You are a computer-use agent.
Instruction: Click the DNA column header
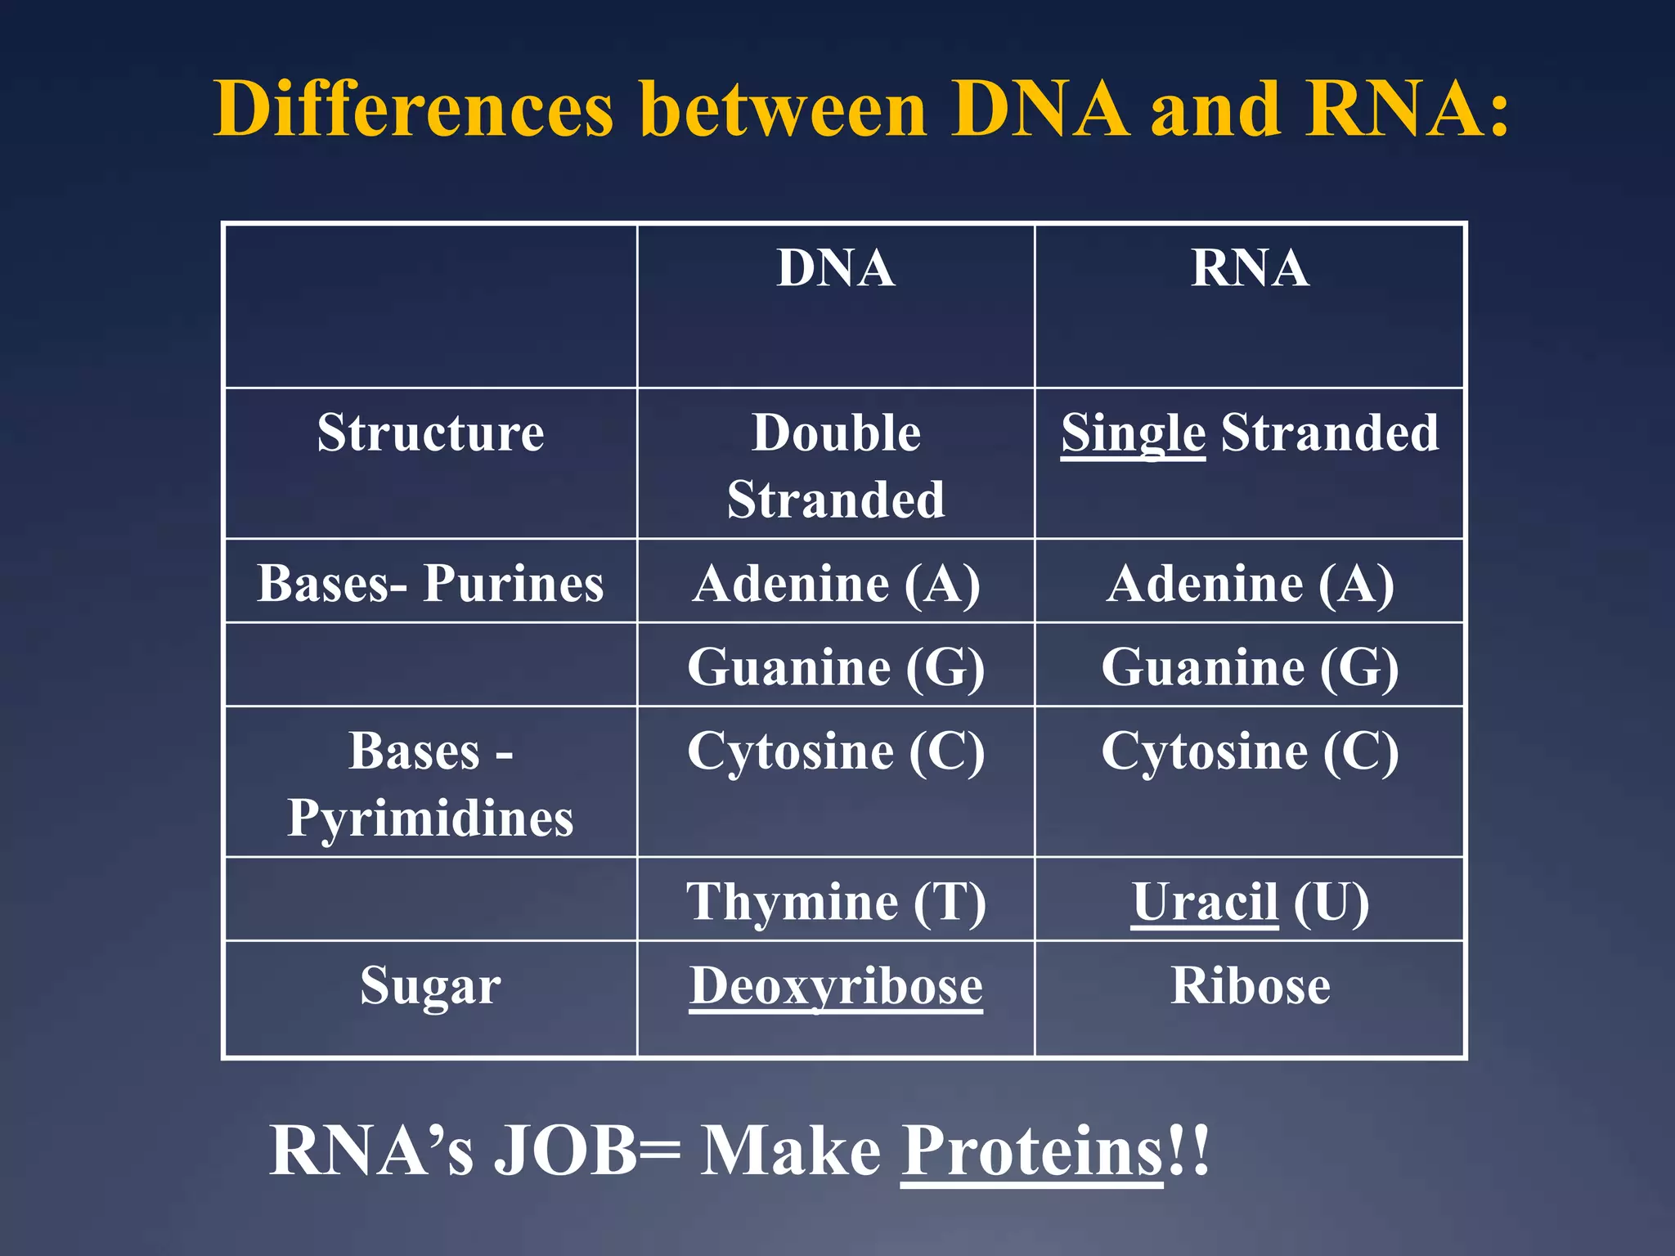pyautogui.click(x=835, y=268)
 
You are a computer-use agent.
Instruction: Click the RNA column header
pyautogui.click(x=1249, y=268)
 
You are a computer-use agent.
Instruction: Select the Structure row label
pyautogui.click(x=430, y=433)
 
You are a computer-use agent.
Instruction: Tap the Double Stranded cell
pyautogui.click(x=835, y=465)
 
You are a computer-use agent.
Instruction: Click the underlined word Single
pyautogui.click(x=1133, y=433)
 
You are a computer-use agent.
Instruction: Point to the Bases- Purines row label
pyautogui.click(x=430, y=584)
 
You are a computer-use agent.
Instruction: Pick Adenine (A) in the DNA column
pyautogui.click(x=835, y=584)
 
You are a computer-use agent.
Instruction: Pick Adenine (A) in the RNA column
pyautogui.click(x=1249, y=584)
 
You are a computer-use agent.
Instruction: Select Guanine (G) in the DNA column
pyautogui.click(x=835, y=667)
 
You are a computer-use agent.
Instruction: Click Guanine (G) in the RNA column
pyautogui.click(x=1249, y=667)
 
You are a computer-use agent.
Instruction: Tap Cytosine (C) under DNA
pyautogui.click(x=835, y=751)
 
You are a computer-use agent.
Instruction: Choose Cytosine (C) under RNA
pyautogui.click(x=1249, y=751)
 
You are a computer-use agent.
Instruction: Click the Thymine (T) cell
pyautogui.click(x=835, y=902)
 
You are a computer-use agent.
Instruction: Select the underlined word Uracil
pyautogui.click(x=1204, y=902)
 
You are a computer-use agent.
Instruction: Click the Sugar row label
pyautogui.click(x=430, y=985)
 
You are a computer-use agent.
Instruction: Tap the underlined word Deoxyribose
pyautogui.click(x=835, y=985)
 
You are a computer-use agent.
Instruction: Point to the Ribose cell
pyautogui.click(x=1249, y=985)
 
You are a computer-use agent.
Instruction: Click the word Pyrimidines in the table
pyautogui.click(x=430, y=818)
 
